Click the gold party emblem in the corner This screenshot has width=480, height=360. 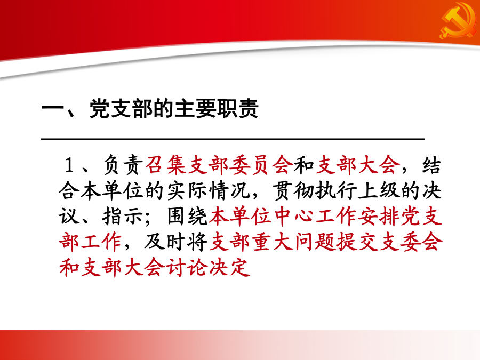pyautogui.click(x=458, y=21)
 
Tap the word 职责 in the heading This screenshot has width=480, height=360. pyautogui.click(x=237, y=108)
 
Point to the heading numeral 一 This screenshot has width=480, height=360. pyautogui.click(x=53, y=109)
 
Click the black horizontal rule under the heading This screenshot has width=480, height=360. pyautogui.click(x=233, y=139)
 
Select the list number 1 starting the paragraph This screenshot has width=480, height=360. pyautogui.click(x=69, y=165)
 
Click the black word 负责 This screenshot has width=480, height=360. pyautogui.click(x=123, y=165)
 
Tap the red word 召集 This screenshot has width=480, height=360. pyautogui.click(x=166, y=165)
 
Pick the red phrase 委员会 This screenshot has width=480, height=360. pyautogui.click(x=261, y=165)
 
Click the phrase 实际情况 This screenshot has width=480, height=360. pyautogui.click(x=208, y=191)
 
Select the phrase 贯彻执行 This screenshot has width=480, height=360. pyautogui.click(x=314, y=191)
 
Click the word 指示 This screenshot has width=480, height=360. pyautogui.click(x=123, y=217)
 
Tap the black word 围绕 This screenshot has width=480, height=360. pyautogui.click(x=188, y=217)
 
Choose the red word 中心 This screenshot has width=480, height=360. pyautogui.click(x=293, y=217)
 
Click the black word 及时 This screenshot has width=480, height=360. pyautogui.click(x=166, y=242)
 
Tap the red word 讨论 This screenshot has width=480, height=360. pyautogui.click(x=187, y=268)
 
